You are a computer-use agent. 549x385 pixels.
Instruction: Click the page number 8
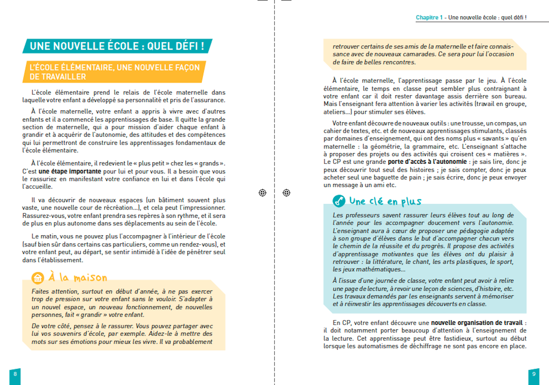pyautogui.click(x=15, y=374)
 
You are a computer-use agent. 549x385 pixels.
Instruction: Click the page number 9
pyautogui.click(x=534, y=374)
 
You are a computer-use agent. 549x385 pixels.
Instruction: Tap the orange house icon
pyautogui.click(x=38, y=278)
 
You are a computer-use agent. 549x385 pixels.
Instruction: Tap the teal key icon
pyautogui.click(x=339, y=201)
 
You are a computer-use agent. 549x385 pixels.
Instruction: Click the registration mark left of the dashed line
pyautogui.click(x=262, y=193)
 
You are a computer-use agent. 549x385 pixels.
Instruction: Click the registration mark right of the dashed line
pyautogui.click(x=286, y=193)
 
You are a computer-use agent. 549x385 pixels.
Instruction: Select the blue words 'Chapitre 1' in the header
pyautogui.click(x=429, y=18)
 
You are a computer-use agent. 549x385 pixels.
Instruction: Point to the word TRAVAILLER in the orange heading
pyautogui.click(x=58, y=77)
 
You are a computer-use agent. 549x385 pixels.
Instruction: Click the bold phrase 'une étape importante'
pyautogui.click(x=70, y=171)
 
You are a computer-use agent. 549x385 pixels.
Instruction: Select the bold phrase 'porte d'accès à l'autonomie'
pyautogui.click(x=427, y=162)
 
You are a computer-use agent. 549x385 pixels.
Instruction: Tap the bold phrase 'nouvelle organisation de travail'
pyautogui.click(x=477, y=323)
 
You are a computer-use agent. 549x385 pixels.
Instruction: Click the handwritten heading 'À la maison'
pyautogui.click(x=78, y=277)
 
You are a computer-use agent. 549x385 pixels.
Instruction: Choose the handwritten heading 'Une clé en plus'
pyautogui.click(x=385, y=201)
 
